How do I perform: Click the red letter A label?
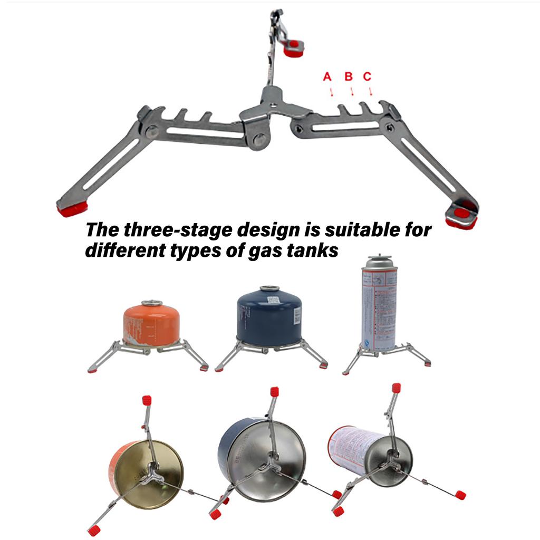coord(327,77)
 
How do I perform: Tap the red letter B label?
coord(348,77)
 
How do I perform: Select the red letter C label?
coord(368,77)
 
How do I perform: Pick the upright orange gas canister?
coord(151,324)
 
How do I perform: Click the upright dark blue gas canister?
coord(269,316)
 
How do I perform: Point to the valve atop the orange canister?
coord(152,303)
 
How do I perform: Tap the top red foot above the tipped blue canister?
coord(274,391)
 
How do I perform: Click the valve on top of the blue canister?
coord(269,289)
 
